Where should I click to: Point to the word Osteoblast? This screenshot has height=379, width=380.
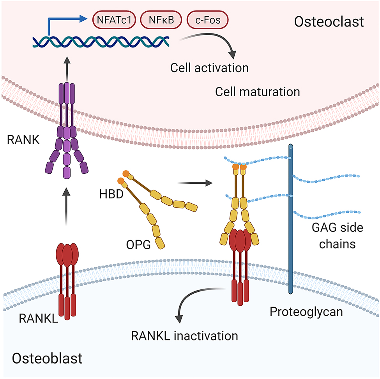pos(47,358)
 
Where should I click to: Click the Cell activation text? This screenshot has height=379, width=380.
pos(209,67)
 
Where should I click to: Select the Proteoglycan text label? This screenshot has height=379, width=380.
pos(307,312)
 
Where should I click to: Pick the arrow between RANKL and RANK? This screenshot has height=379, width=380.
pos(68,206)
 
